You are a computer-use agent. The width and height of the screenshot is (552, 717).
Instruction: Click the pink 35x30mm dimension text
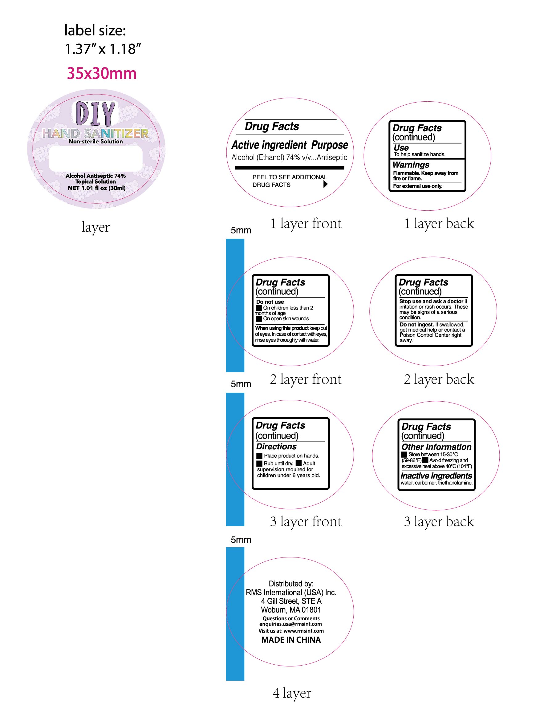coord(101,73)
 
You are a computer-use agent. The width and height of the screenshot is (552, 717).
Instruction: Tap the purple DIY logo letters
coord(95,114)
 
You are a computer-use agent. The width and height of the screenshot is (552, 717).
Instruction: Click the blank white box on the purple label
coord(95,159)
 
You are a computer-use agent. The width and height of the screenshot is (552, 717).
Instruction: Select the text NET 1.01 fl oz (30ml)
coord(96,188)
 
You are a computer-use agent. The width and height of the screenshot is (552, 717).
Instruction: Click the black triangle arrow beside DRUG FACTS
coord(325,184)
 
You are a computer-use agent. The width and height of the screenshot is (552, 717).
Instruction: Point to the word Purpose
coord(329,145)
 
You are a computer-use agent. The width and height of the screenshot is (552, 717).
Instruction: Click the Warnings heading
coord(411,165)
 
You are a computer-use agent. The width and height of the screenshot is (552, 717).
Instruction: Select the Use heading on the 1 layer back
coord(401,148)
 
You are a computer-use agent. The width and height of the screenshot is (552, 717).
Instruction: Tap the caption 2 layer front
coord(305,379)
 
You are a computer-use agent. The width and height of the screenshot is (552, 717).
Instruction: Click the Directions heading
coord(276,447)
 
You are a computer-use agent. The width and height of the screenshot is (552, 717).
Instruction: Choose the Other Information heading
coord(436,447)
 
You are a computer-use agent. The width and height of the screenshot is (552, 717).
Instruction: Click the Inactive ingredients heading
coord(436,476)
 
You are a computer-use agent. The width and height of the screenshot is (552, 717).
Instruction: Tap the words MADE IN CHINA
coord(291,640)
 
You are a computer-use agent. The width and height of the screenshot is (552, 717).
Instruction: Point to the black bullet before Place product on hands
coord(259,456)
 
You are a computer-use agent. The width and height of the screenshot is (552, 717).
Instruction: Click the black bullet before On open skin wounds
coord(259,318)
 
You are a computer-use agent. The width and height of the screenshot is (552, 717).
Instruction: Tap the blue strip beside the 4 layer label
coord(235,614)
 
